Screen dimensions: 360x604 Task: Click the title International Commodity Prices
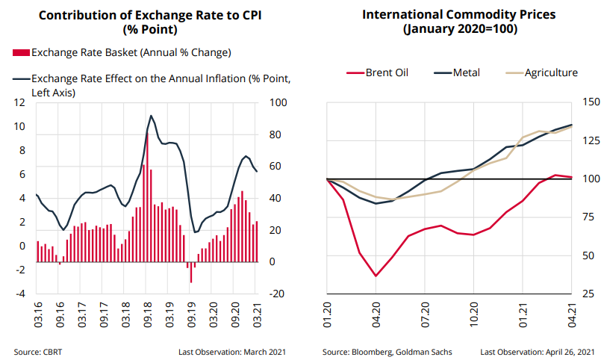(459, 15)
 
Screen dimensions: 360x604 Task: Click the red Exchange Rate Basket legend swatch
(21, 52)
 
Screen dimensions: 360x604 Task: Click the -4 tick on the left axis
(21, 294)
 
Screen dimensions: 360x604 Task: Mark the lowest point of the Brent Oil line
(376, 276)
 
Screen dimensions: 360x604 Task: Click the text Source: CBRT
(38, 351)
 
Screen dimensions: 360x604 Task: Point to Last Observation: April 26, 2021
(538, 351)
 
